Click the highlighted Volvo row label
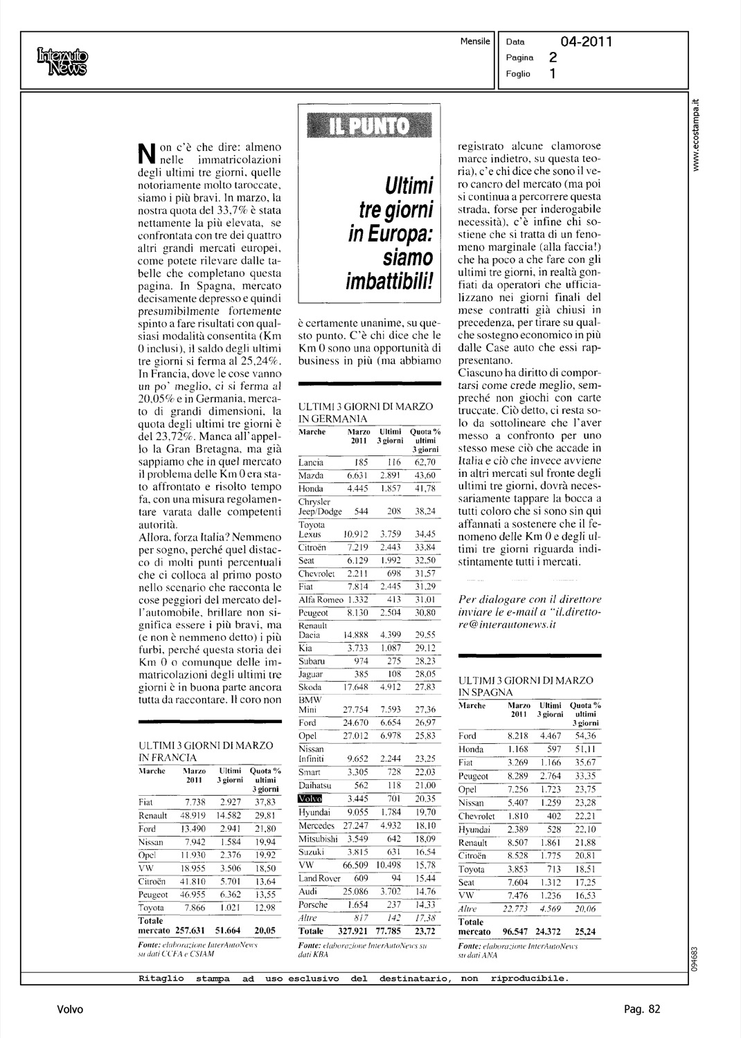310,799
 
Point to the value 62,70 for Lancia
425,462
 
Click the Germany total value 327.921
355,931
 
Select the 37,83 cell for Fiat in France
264,802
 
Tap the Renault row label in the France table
152,816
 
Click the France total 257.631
191,931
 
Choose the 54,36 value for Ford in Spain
586,736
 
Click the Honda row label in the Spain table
471,749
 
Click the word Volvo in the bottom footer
70,1009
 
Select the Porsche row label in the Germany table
312,905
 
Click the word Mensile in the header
475,41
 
